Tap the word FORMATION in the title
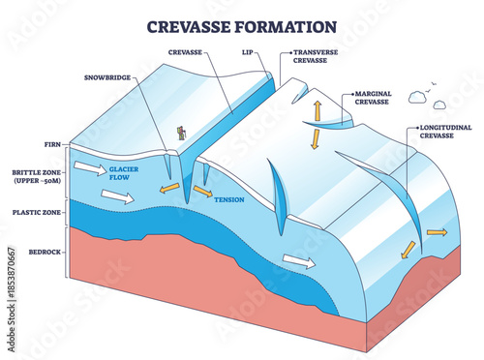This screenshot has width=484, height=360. pos(287,26)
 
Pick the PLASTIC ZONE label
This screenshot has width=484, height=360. pos(36,211)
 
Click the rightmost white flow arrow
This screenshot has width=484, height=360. pos(299,261)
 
